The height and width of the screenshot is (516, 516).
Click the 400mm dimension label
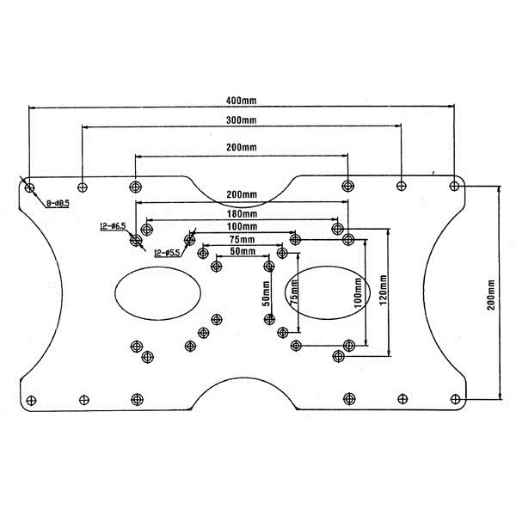coord(243,101)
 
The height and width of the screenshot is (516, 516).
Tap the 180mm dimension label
coord(242,214)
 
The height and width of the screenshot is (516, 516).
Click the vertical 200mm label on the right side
coord(491,293)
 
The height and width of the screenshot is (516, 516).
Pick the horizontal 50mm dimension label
coord(242,251)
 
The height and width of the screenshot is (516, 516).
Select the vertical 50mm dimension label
coord(267,295)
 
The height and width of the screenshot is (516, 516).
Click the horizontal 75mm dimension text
coord(242,239)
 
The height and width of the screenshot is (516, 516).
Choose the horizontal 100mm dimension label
coord(242,226)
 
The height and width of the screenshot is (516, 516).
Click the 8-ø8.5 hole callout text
coord(58,204)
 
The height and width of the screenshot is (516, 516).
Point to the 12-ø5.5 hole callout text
coord(168,253)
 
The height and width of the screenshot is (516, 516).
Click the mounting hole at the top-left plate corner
coord(29,186)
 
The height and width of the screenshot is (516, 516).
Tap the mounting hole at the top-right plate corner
coord(455,185)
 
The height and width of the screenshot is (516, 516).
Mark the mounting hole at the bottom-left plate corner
coord(32,399)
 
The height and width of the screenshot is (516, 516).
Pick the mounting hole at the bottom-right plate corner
coord(455,399)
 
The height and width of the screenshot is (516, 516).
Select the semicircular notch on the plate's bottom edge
coord(243,398)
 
